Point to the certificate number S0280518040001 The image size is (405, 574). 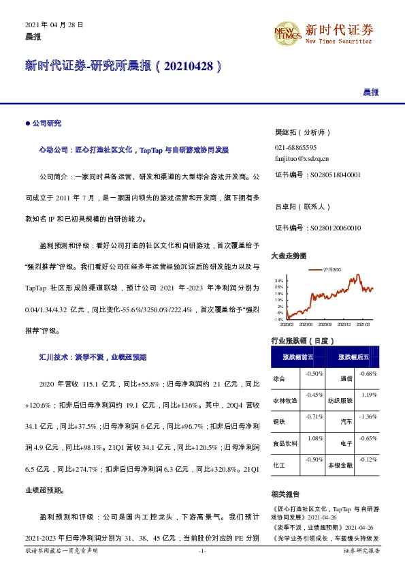click(x=318, y=175)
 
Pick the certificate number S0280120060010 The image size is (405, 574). click(x=318, y=228)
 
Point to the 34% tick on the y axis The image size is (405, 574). click(x=279, y=281)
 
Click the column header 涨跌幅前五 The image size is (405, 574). click(x=298, y=357)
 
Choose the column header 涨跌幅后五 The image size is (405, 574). click(x=352, y=357)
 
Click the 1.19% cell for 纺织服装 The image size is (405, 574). click(x=369, y=395)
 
